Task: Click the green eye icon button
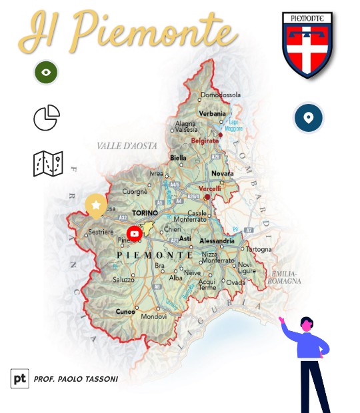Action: [x=46, y=72]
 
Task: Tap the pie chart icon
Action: [x=47, y=119]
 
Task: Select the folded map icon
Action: [x=48, y=163]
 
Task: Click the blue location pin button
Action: [x=308, y=119]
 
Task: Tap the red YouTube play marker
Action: [x=135, y=233]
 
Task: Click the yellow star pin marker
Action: [x=96, y=206]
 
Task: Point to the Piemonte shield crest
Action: [x=307, y=44]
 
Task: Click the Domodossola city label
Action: [x=220, y=95]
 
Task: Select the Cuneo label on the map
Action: [x=125, y=311]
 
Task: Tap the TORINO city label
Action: [x=145, y=213]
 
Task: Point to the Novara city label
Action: [x=222, y=174]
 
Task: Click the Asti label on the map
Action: [x=185, y=238]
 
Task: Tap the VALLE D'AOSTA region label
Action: [x=126, y=145]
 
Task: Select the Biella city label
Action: [x=179, y=158]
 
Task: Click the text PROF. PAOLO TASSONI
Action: [x=75, y=379]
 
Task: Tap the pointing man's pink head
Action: [x=306, y=326]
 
